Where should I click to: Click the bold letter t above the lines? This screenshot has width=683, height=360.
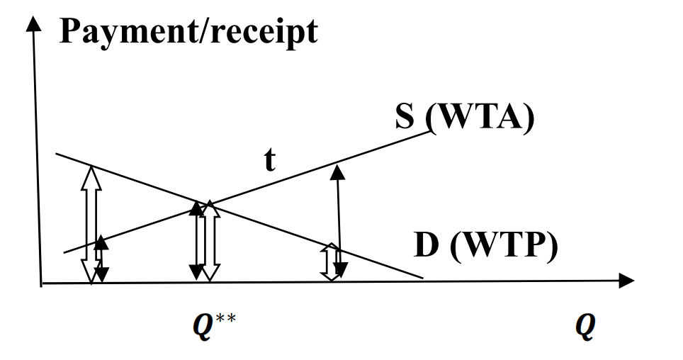click(270, 162)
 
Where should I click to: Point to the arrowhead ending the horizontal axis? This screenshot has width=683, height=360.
click(626, 281)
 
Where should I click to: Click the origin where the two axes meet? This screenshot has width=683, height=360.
click(42, 283)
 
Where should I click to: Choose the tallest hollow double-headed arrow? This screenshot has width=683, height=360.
click(91, 224)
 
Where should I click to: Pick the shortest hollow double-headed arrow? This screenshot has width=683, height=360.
click(329, 261)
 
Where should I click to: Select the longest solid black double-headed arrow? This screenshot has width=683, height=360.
click(339, 220)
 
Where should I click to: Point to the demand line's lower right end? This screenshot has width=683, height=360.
click(423, 277)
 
